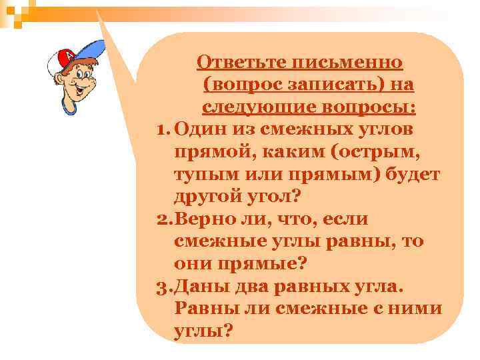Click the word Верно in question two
203,219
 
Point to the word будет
413,175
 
